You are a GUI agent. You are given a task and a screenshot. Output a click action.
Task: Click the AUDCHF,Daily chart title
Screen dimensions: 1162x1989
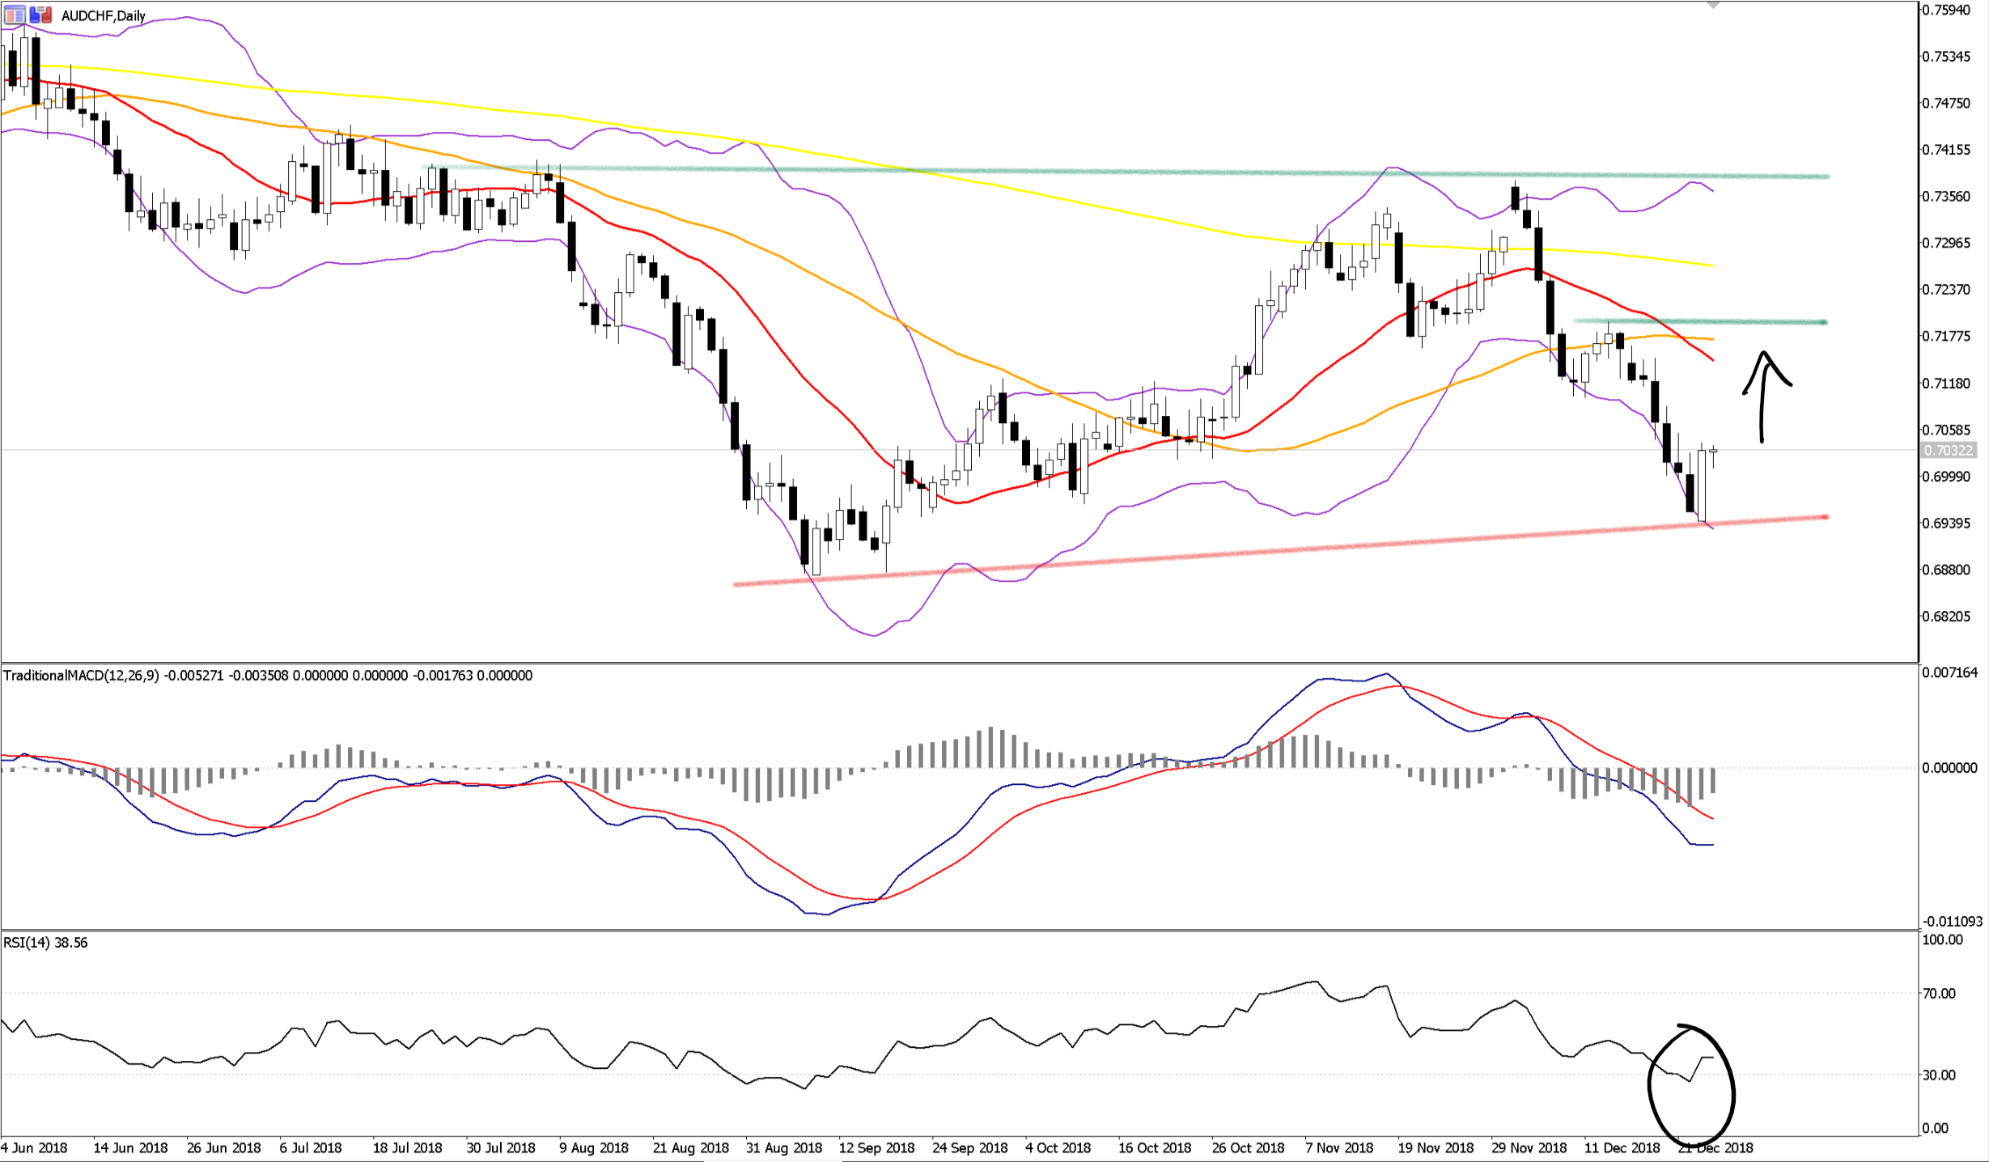click(x=103, y=15)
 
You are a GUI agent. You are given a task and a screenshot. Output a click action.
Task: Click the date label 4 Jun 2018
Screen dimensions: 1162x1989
click(x=34, y=1147)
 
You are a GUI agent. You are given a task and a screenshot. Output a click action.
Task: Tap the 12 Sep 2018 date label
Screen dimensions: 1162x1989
click(x=876, y=1147)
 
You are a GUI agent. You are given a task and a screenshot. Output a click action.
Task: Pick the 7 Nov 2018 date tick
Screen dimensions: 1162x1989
click(x=1339, y=1147)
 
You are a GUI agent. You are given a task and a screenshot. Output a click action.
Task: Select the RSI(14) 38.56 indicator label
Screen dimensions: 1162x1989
click(x=45, y=943)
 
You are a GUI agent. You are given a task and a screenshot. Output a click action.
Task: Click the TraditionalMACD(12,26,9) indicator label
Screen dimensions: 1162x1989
click(x=81, y=676)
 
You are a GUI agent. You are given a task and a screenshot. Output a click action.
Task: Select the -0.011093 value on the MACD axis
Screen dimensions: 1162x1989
click(x=1952, y=922)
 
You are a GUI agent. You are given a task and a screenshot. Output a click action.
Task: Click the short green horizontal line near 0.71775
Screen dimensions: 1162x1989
click(x=1699, y=322)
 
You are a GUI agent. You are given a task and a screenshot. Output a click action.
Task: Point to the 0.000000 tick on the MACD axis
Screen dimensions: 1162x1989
click(x=1949, y=768)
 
